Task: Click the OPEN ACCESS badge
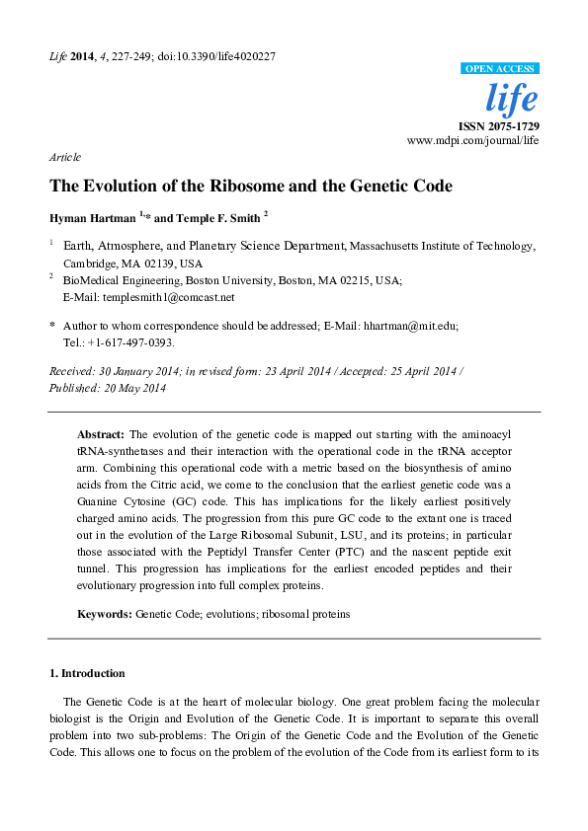(x=500, y=68)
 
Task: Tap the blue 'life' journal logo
(x=513, y=99)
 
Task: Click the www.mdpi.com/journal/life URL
(x=472, y=142)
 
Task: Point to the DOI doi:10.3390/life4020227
(x=214, y=56)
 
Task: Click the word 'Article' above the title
(x=65, y=158)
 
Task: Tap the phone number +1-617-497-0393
(x=132, y=341)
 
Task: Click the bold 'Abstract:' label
(x=101, y=434)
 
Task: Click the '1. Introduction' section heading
(x=87, y=673)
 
